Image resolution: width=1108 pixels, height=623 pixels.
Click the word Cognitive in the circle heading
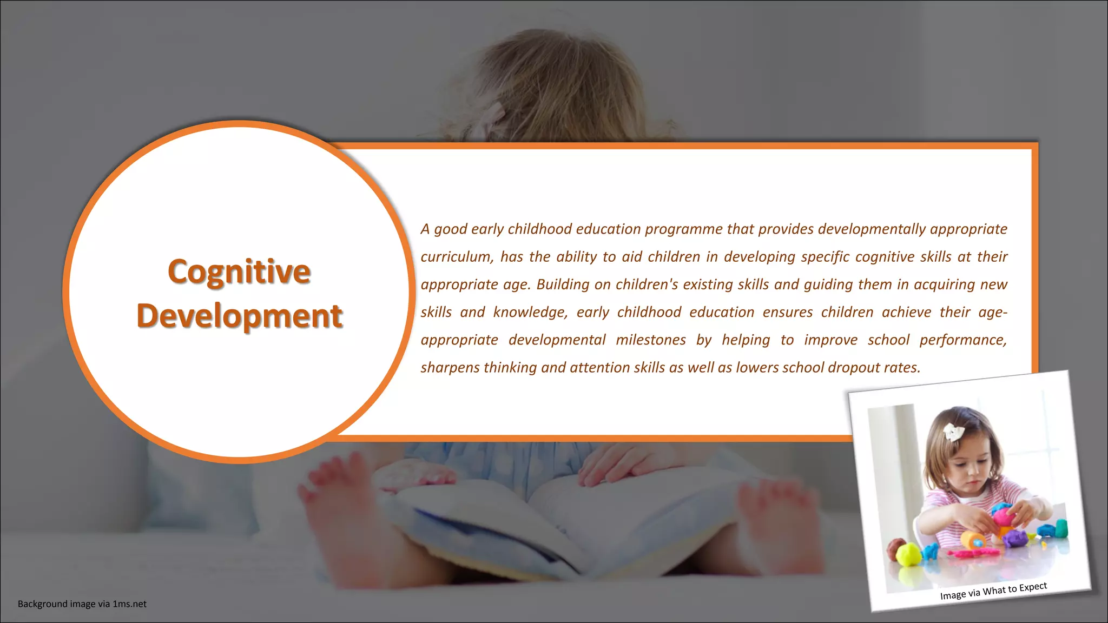(x=239, y=271)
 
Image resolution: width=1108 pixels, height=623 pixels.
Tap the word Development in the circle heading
(x=240, y=316)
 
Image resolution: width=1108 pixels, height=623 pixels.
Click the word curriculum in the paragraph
(x=456, y=257)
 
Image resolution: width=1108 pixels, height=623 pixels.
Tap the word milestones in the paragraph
(x=651, y=340)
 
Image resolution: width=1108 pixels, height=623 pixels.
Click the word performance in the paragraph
(x=962, y=340)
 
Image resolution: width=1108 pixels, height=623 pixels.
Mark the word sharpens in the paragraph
(x=450, y=368)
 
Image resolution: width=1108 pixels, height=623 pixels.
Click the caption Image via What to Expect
(x=993, y=591)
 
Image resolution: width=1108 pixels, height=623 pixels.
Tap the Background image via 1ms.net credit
(x=82, y=604)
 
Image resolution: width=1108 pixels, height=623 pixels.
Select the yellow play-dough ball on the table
(x=908, y=554)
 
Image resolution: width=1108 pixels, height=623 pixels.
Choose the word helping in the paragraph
(x=746, y=340)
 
